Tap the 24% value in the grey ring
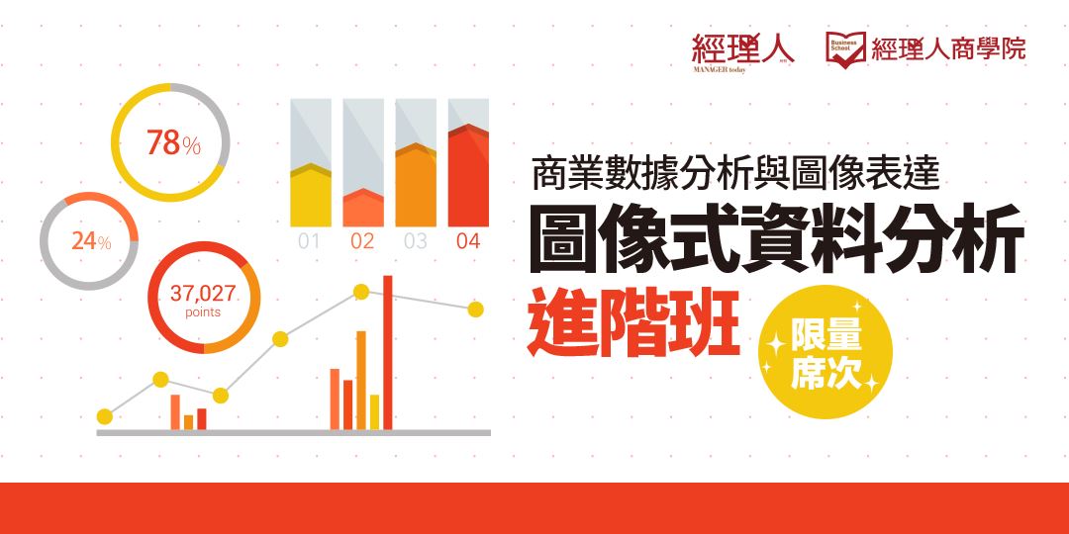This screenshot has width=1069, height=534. click(91, 240)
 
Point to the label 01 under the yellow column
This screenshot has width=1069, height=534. click(309, 240)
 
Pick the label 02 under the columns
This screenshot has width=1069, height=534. click(362, 240)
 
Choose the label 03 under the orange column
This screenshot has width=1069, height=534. click(415, 240)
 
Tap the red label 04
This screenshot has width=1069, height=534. click(468, 240)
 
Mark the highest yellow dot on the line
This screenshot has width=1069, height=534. click(361, 292)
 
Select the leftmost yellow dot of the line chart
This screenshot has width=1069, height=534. click(104, 416)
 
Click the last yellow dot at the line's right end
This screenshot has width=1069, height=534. click(476, 310)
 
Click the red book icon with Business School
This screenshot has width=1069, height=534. click(845, 47)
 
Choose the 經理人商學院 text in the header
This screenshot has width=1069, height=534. click(948, 47)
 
